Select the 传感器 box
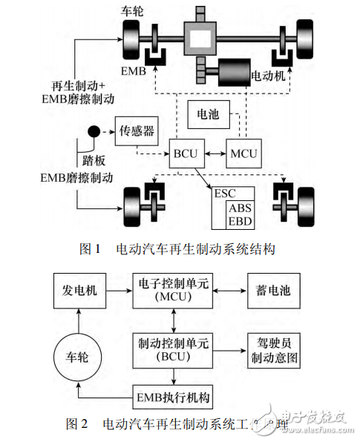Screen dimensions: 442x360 coord(137,131)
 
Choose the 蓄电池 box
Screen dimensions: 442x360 coord(272,291)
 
